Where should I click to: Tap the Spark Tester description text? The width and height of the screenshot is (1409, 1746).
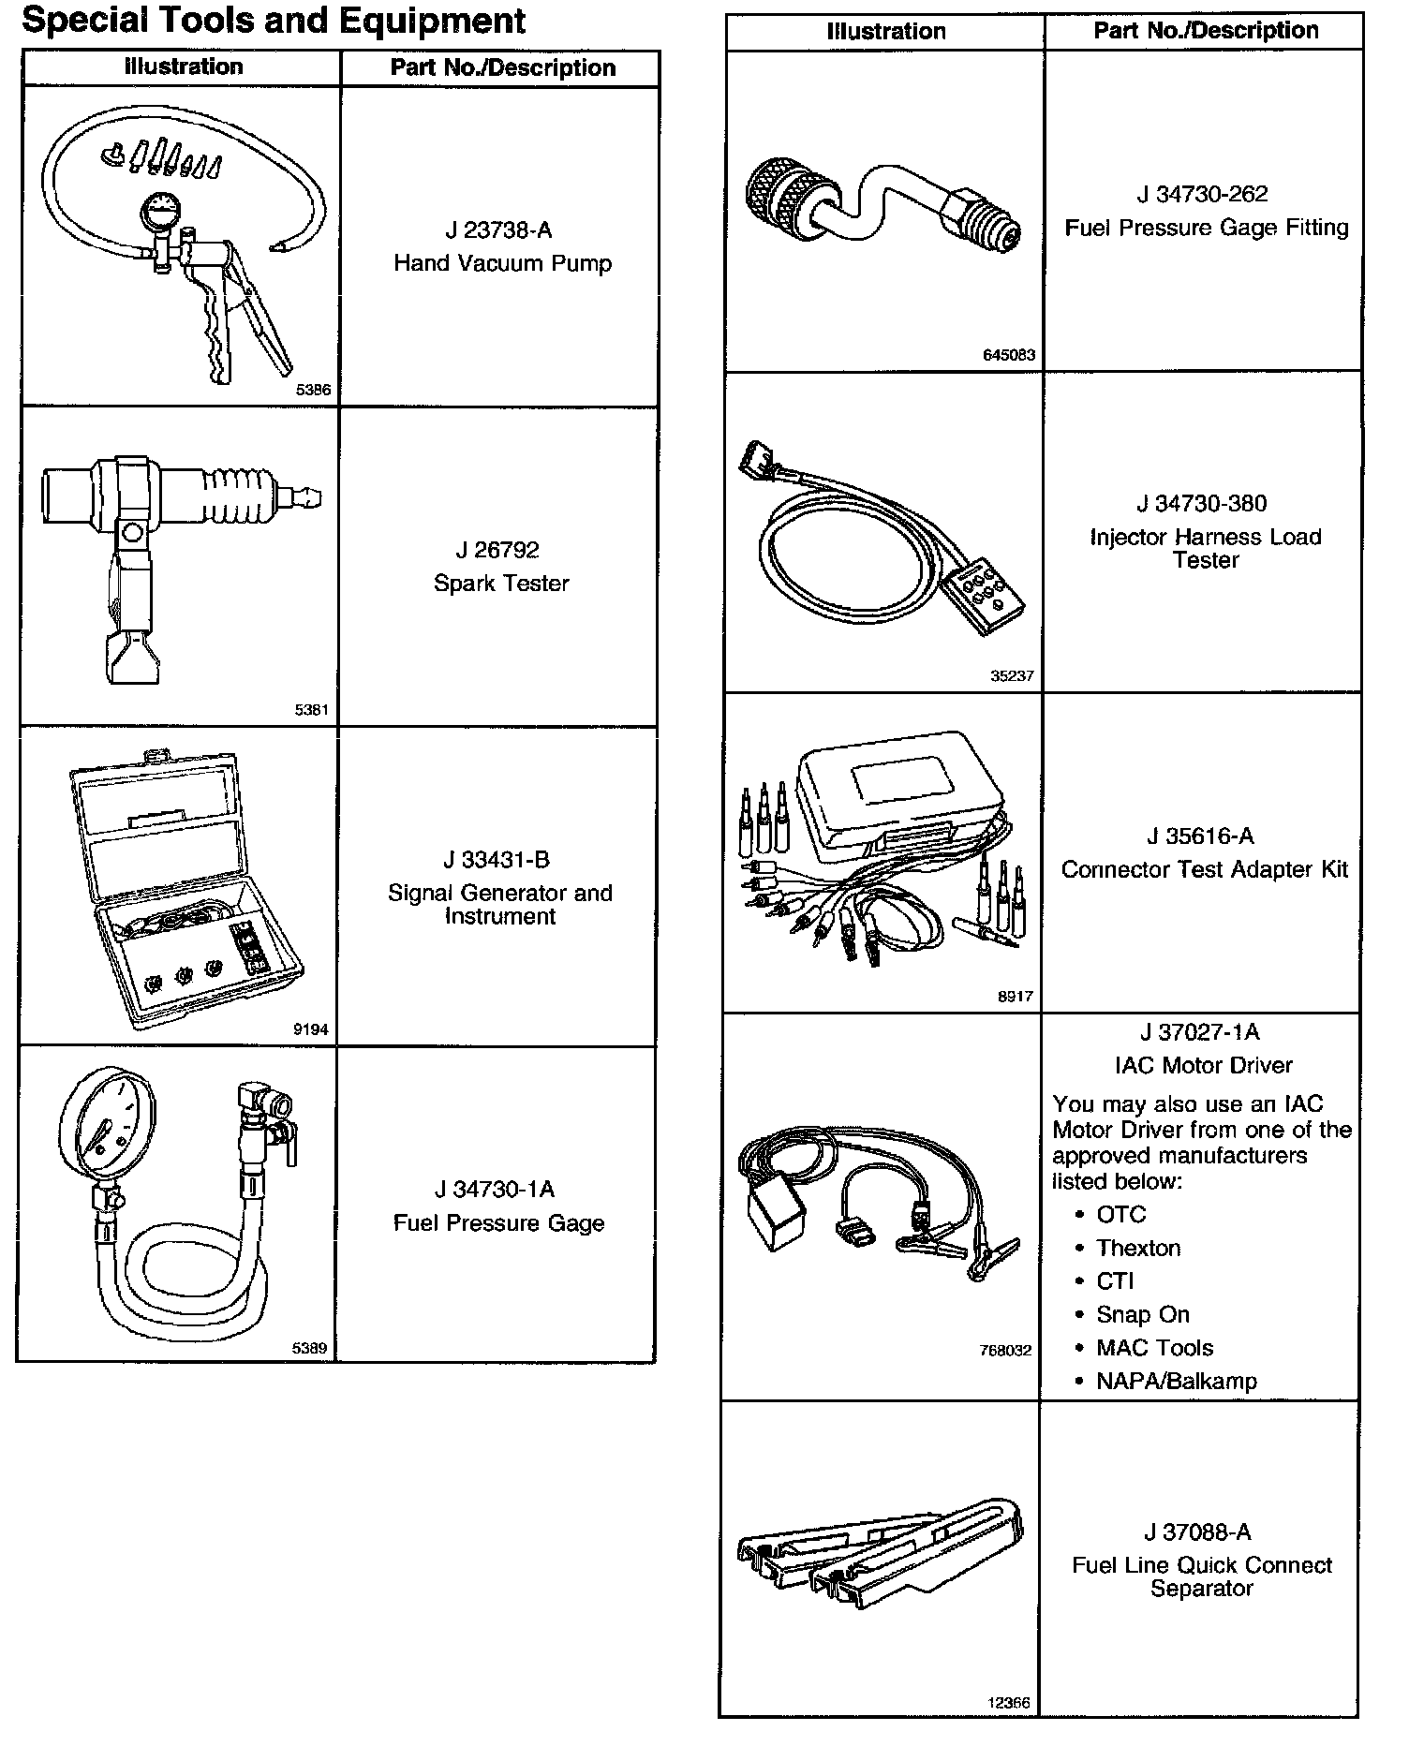(501, 584)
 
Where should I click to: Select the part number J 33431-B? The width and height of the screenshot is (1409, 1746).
(497, 860)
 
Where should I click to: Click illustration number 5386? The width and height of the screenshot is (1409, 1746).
(313, 391)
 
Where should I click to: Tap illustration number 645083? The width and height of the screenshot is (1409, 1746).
(1009, 356)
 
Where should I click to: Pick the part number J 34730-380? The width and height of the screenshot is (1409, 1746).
(1202, 504)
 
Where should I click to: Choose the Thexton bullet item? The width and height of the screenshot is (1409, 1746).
(1138, 1248)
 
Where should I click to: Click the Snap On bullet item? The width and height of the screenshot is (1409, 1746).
(1142, 1314)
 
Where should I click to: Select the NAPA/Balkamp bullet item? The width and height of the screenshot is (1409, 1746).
(1176, 1381)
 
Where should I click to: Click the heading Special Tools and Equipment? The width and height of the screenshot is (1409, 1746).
(274, 21)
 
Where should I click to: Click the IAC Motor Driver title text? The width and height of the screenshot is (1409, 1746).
(1204, 1065)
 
